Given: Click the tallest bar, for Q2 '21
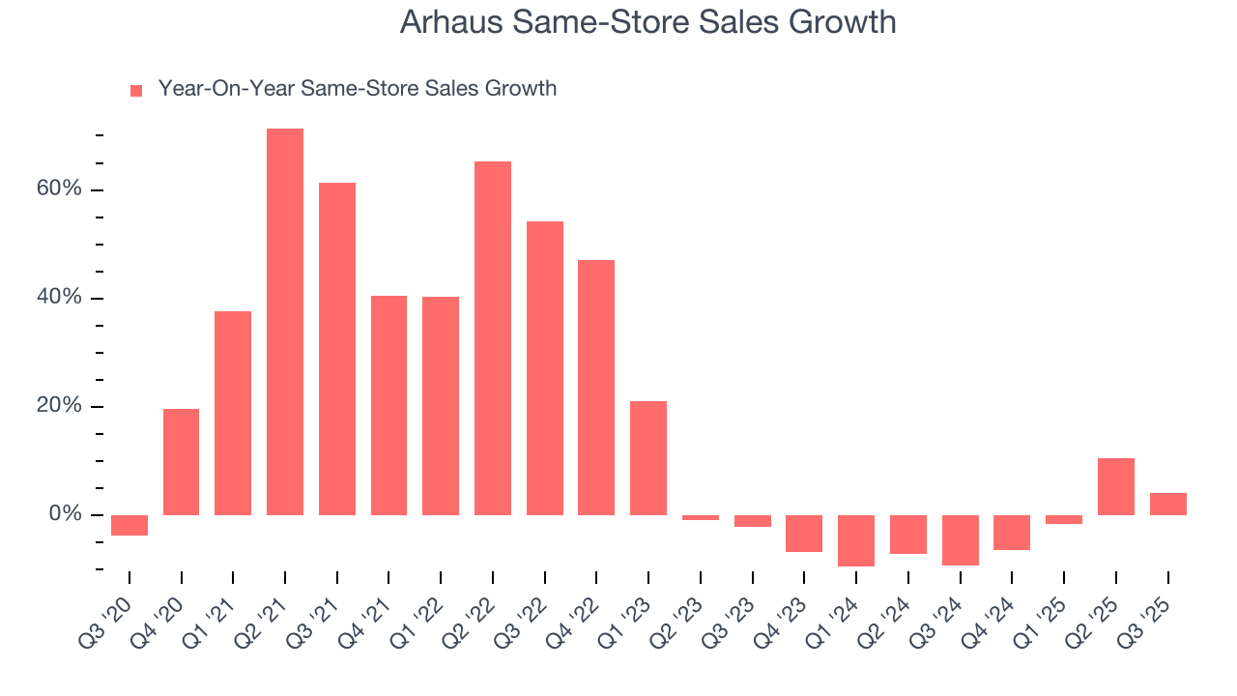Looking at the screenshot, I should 285,321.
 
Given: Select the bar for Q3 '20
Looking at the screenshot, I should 129,525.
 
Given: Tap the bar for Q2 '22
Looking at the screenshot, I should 493,337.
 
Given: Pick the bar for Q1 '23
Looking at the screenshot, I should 648,457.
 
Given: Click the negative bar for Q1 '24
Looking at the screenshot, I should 856,540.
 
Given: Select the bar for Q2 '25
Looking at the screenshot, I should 1116,486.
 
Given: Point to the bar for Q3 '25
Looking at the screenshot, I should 1167,504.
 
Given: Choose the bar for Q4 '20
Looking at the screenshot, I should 182,461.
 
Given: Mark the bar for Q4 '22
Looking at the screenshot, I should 596,387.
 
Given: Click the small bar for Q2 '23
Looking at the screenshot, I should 701,517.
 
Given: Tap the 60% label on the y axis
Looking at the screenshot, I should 59,189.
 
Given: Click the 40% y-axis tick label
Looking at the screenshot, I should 59,298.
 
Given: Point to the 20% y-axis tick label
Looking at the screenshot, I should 59,406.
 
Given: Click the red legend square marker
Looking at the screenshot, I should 136,90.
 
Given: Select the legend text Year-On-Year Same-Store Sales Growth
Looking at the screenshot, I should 357,89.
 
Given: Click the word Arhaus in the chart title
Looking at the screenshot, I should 448,22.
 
